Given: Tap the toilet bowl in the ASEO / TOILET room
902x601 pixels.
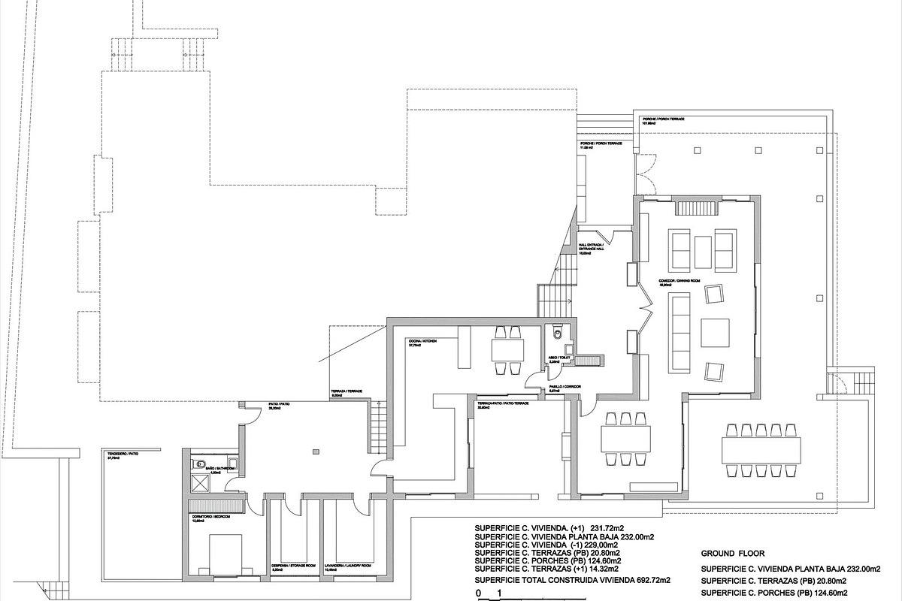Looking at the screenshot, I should [555, 334].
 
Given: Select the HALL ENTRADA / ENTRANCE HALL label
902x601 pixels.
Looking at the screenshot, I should [591, 249].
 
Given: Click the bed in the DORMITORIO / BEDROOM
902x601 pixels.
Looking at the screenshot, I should [225, 552].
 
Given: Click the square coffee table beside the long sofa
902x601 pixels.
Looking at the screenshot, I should [715, 332].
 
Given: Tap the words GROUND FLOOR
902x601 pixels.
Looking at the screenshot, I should [732, 551].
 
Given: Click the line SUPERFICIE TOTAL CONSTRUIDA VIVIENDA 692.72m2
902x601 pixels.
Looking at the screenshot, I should [573, 581].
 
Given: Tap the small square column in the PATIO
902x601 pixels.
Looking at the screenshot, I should [317, 452].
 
